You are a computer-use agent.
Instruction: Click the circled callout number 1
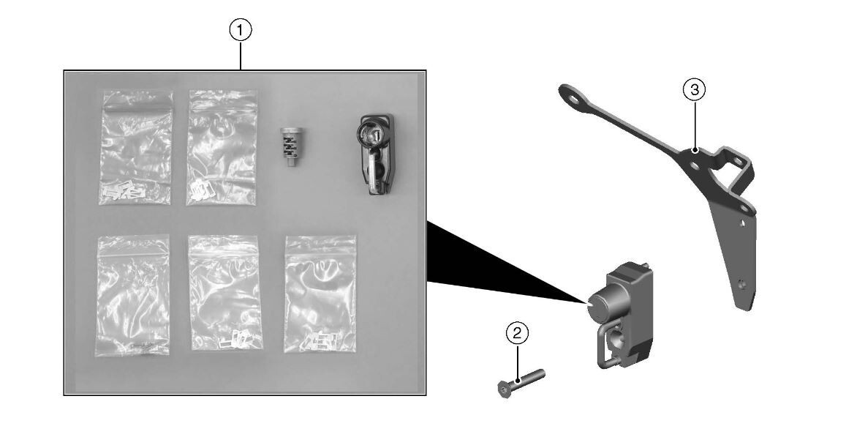pos(241,30)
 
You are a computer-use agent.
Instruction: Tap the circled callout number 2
pos(518,333)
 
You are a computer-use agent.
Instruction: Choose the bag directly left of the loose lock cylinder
pos(222,148)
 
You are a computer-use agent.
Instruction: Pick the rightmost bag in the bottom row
pos(320,294)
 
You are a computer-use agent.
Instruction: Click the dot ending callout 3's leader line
pos(695,151)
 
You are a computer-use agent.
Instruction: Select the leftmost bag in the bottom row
pos(133,295)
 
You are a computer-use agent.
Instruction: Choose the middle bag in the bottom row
pos(225,292)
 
